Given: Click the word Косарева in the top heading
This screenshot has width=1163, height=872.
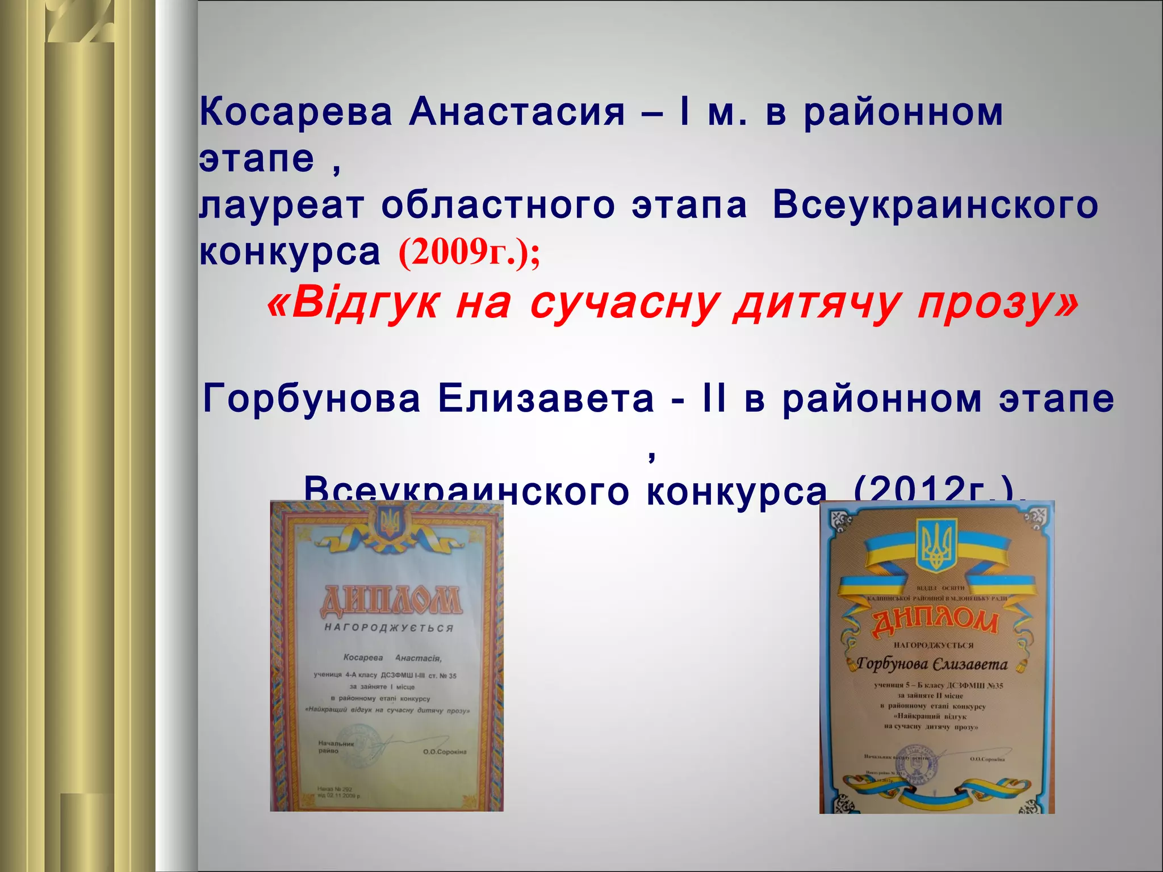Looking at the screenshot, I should [x=296, y=112].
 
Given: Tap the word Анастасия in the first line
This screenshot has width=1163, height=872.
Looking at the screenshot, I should [x=517, y=112].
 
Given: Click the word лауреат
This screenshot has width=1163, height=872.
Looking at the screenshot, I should [x=282, y=206].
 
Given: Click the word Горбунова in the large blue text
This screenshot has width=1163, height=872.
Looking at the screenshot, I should [x=312, y=399].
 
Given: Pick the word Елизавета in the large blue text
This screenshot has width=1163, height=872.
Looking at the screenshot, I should [x=546, y=399].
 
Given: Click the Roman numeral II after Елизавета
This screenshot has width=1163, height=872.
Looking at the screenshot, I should [x=714, y=399].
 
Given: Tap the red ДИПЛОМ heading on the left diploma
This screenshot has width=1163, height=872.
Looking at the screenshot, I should [x=390, y=602].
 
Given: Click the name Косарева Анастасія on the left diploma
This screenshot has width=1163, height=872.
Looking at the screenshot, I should [x=392, y=658].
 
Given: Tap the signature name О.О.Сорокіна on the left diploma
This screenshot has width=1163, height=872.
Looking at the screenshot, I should [x=445, y=752].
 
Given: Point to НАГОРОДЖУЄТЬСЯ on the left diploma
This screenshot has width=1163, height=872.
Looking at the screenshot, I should [x=389, y=628].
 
